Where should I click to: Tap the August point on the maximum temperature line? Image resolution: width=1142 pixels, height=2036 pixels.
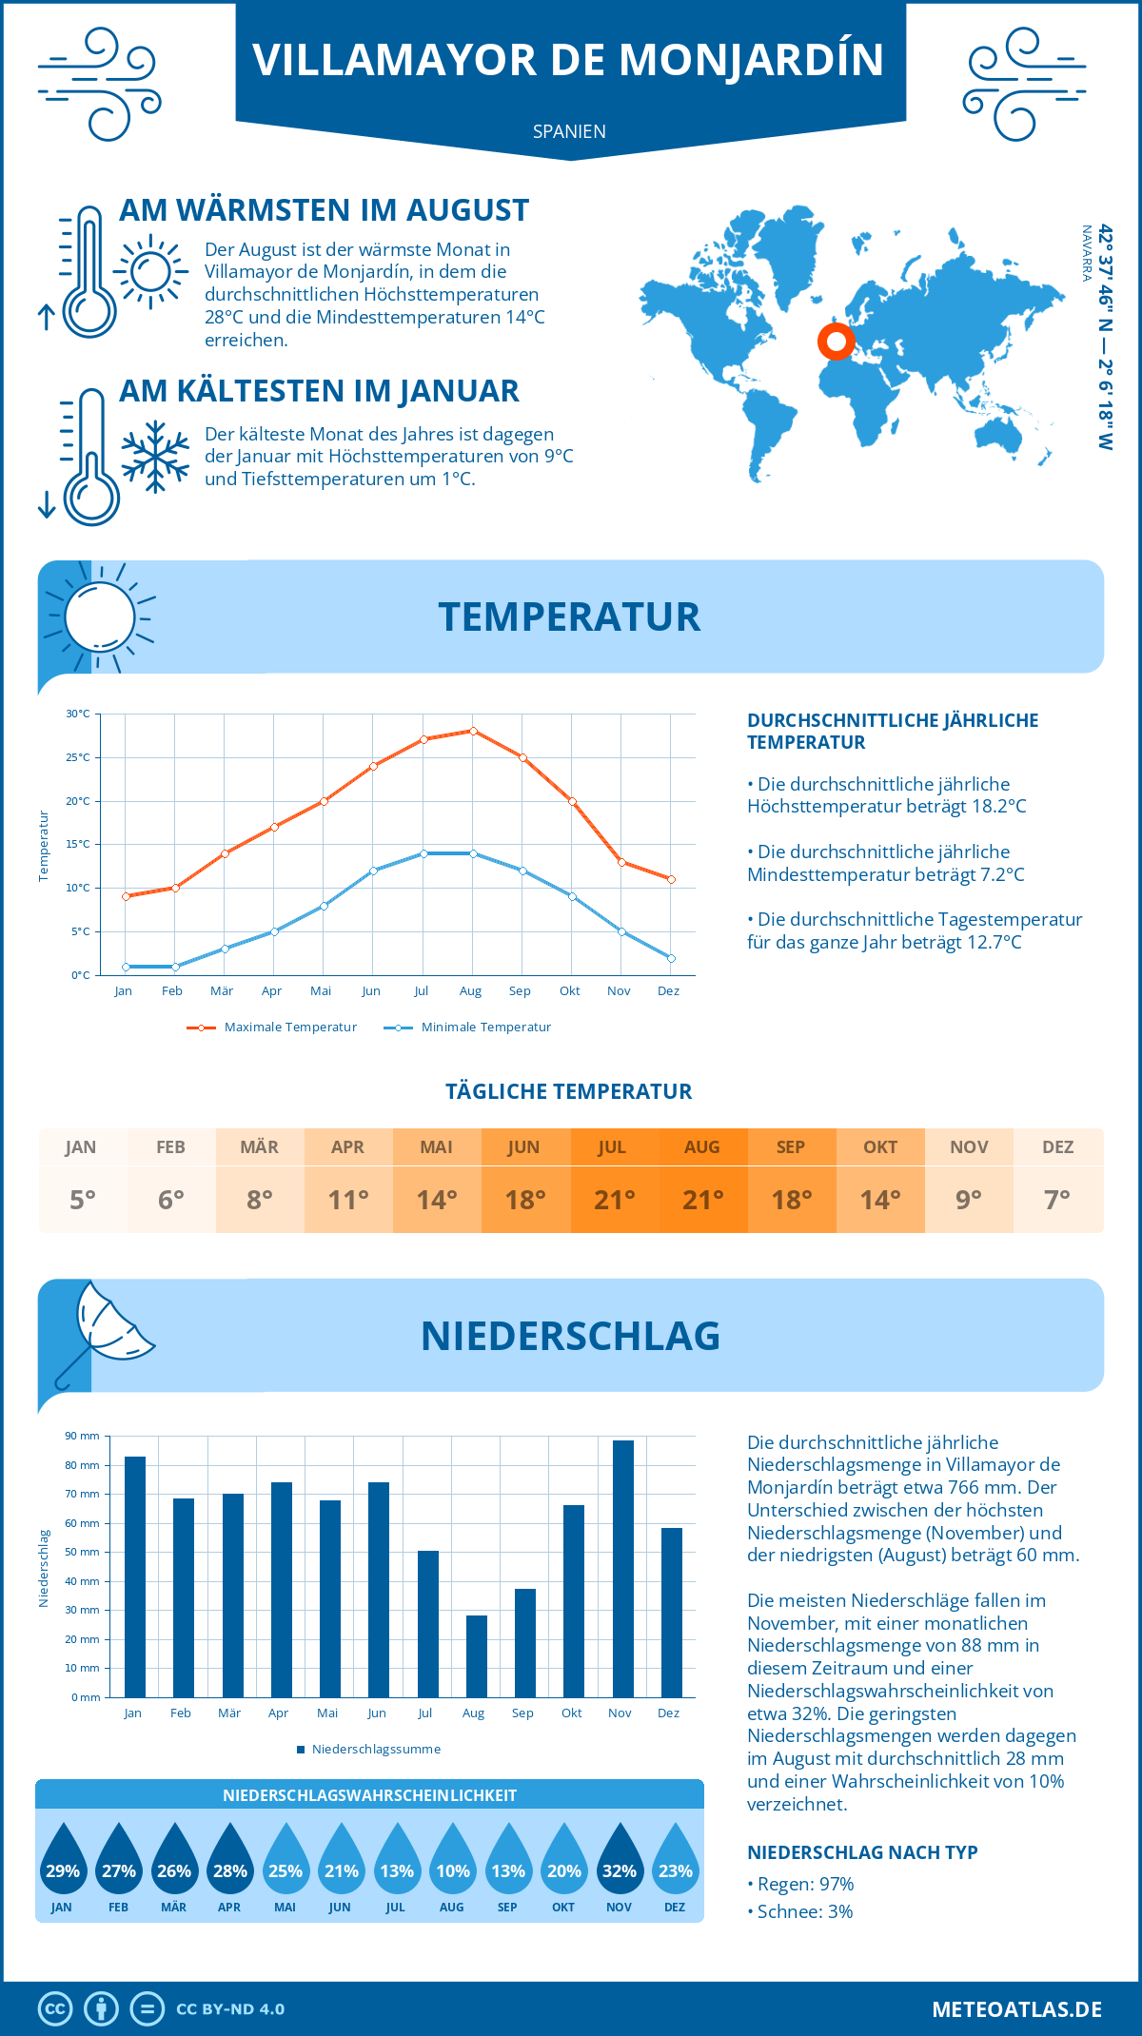[x=473, y=731]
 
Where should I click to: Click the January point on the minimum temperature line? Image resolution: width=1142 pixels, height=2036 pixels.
[x=126, y=967]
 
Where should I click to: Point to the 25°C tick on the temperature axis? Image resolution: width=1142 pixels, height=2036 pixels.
[x=78, y=757]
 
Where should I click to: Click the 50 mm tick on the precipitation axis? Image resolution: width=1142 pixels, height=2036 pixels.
[x=83, y=1552]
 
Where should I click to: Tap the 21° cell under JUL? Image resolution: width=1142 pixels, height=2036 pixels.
[x=614, y=1200]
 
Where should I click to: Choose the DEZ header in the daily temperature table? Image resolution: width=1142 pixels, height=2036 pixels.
[x=1057, y=1147]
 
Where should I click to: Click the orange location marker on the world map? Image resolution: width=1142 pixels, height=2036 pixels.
[x=836, y=342]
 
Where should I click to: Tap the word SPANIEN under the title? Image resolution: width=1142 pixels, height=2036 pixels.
[x=569, y=131]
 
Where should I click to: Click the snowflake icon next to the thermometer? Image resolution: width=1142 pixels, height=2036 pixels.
[x=155, y=457]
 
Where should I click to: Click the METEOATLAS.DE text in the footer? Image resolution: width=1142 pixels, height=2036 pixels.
[x=1016, y=2009]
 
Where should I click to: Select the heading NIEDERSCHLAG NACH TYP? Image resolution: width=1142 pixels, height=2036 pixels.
[x=861, y=1852]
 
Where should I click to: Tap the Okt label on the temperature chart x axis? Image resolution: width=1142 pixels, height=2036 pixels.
[x=569, y=991]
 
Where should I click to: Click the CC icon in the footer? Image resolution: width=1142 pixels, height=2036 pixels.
[x=55, y=2009]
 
